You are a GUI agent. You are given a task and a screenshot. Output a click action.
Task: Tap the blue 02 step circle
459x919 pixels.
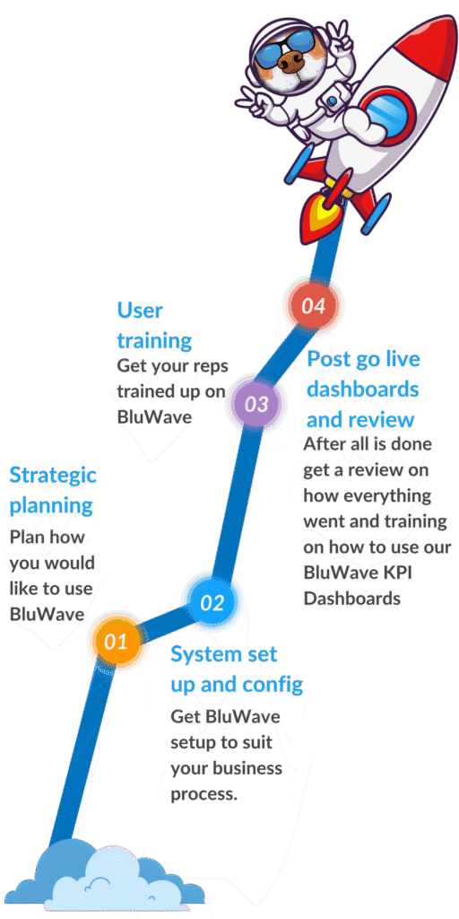(x=212, y=602)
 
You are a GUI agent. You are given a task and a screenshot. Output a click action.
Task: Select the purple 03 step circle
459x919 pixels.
(x=255, y=404)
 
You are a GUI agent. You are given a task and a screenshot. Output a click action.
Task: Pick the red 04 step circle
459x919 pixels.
(x=313, y=306)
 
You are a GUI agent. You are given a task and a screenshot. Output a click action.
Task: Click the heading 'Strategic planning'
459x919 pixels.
(x=53, y=490)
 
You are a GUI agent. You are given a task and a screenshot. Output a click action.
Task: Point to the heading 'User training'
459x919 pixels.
(x=154, y=325)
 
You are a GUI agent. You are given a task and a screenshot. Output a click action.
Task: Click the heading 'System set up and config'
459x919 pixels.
(x=237, y=670)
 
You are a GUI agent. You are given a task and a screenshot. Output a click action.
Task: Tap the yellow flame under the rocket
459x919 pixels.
(x=325, y=212)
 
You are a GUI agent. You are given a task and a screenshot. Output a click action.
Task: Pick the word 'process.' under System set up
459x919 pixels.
(x=204, y=795)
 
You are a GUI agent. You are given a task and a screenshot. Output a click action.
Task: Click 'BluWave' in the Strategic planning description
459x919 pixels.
(x=47, y=614)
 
